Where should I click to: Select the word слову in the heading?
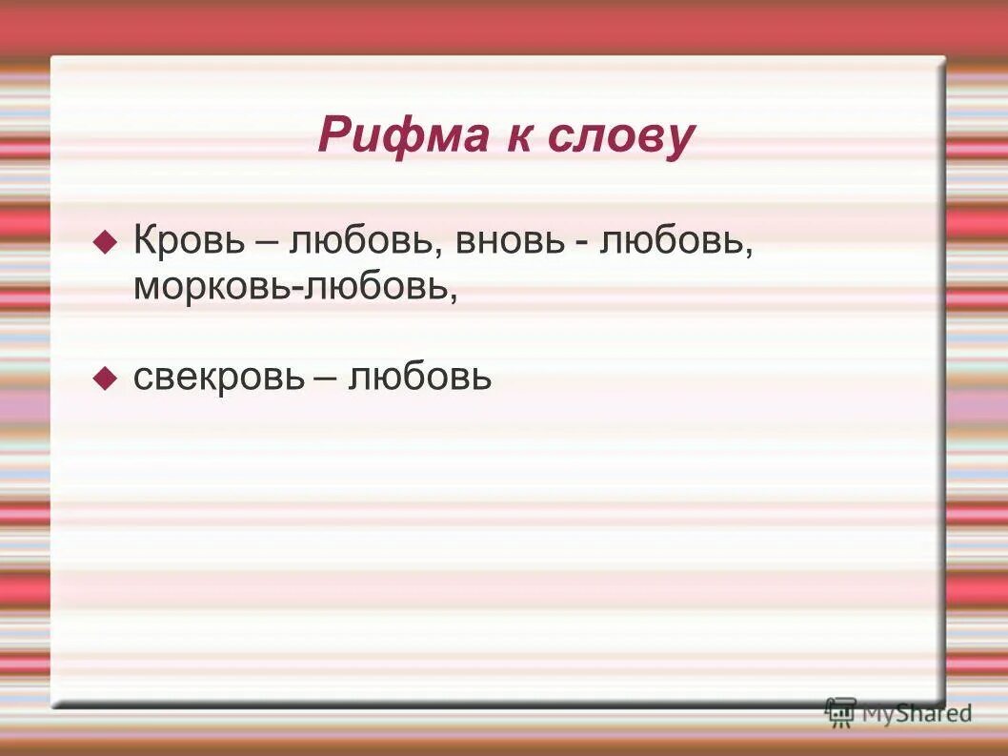pos(621,137)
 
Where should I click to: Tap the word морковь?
pos(214,286)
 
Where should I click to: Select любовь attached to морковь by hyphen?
pos(376,286)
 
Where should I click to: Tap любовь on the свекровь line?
pos(420,378)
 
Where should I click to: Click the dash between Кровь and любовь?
pos(266,241)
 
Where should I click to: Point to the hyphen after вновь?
pos(579,242)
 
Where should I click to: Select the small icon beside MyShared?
pos(840,712)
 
